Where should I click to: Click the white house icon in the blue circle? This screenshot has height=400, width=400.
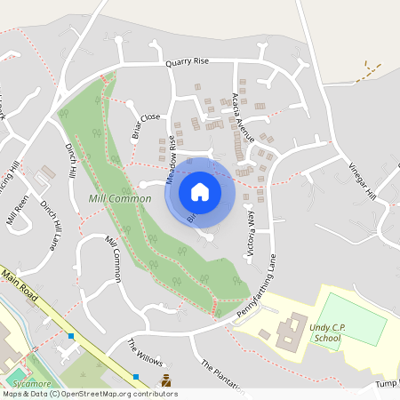200,191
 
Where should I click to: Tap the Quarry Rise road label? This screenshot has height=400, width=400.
187,62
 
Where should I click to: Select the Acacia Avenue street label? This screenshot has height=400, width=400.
242,117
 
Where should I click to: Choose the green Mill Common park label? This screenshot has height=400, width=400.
113,197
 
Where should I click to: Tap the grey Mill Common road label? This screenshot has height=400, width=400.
112,260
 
